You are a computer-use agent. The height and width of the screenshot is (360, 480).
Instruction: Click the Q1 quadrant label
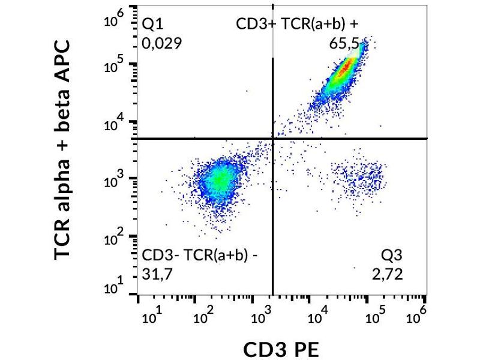tap(152, 24)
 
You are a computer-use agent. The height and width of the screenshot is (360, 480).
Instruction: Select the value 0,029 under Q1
tap(161, 43)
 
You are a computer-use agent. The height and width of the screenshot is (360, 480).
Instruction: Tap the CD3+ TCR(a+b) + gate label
tap(298, 24)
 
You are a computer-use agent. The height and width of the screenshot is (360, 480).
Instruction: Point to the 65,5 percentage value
tap(343, 43)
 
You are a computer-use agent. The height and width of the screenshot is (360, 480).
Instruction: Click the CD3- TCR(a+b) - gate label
tap(200, 256)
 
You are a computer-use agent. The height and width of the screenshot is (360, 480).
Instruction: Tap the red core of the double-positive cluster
tap(343, 69)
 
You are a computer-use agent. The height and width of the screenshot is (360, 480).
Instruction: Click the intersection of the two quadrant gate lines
tap(274, 139)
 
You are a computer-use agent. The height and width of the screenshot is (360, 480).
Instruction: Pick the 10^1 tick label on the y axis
tap(113, 288)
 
